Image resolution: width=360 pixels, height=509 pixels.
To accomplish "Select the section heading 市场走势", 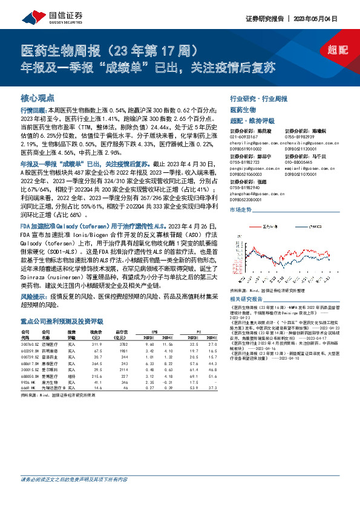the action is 242,209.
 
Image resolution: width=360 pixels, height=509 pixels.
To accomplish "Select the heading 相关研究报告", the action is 246,299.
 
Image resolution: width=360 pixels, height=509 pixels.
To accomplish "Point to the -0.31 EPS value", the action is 168,400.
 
